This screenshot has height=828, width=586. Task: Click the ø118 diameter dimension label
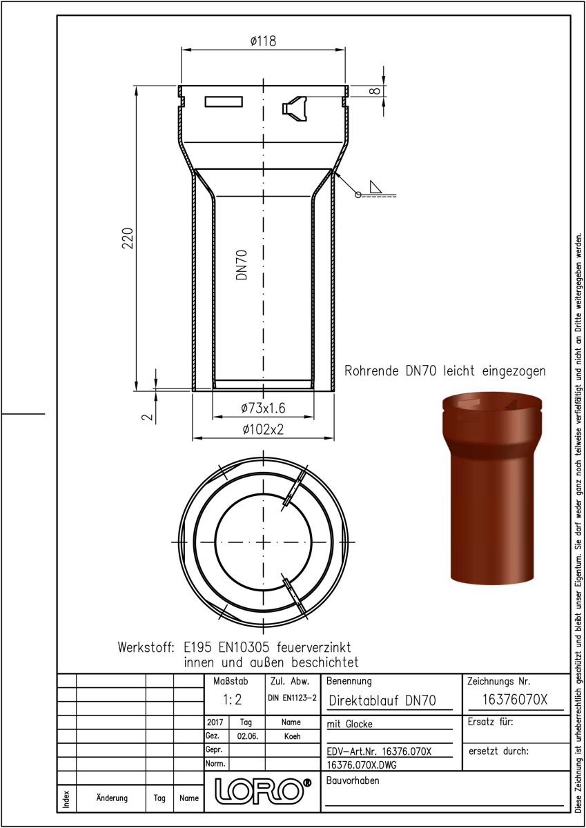point(263,41)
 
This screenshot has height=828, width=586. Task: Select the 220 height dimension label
point(128,238)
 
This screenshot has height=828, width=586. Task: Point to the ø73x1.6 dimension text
point(263,408)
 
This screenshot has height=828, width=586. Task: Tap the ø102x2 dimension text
point(263,429)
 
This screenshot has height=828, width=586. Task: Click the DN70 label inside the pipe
point(242,265)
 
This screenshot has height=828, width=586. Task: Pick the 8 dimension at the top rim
point(375,91)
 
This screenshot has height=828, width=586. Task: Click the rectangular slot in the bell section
point(224,101)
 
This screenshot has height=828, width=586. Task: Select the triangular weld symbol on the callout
point(375,187)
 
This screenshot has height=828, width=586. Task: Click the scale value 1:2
point(232,700)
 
